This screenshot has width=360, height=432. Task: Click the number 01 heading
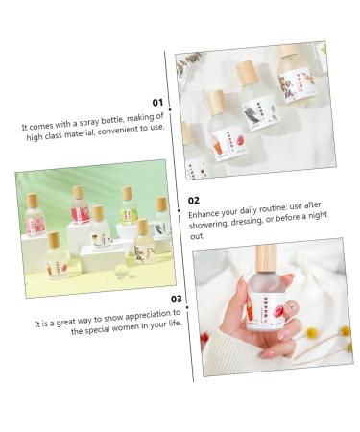pos(157,102)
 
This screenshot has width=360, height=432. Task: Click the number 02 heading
pos(194,200)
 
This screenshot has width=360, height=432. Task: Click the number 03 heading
pos(176,299)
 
